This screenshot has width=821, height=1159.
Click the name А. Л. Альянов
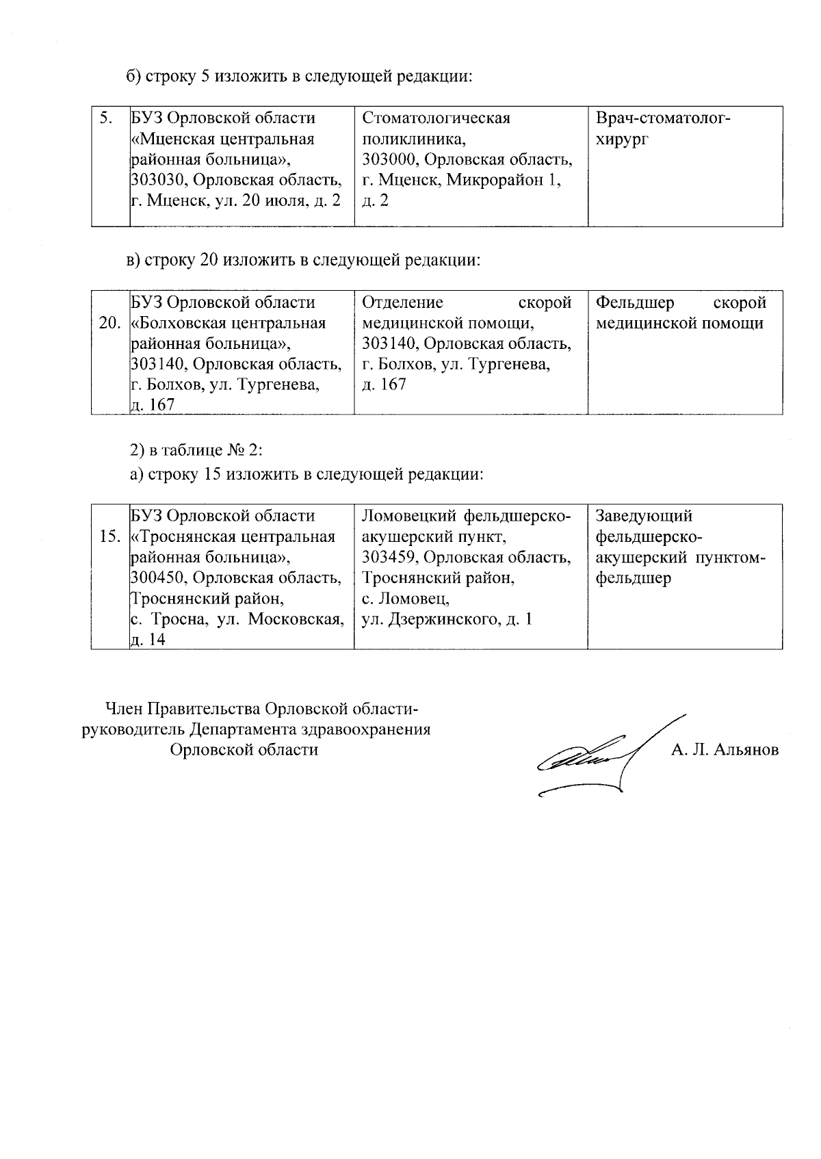[725, 751]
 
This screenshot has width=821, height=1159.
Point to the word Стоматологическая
[436, 118]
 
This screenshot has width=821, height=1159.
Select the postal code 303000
[389, 160]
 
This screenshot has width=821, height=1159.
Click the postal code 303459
[389, 558]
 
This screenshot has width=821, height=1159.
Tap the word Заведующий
[644, 516]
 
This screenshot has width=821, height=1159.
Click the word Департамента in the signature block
[249, 729]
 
